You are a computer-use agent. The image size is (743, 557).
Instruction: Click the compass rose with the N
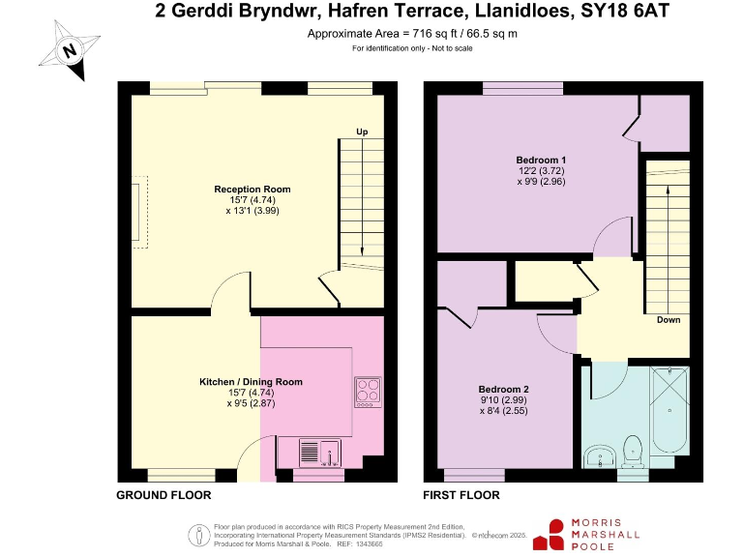point(68,49)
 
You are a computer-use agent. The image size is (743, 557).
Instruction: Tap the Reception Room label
point(253,189)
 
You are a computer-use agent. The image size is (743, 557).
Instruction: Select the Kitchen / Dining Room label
point(251,382)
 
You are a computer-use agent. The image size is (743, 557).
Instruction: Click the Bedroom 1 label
point(541,160)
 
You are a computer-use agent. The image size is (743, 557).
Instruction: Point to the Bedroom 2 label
point(503,390)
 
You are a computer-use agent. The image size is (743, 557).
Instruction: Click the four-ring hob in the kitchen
point(369,390)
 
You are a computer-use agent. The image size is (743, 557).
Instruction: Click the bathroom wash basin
point(600,455)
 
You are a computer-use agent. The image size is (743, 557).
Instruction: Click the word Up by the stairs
point(362,132)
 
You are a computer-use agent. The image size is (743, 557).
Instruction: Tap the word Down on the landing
point(668,320)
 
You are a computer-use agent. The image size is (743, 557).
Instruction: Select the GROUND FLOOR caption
point(163,495)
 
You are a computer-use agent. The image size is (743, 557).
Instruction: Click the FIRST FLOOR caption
point(461,495)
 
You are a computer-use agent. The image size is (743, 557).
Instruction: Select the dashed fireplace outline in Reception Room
point(141,212)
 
